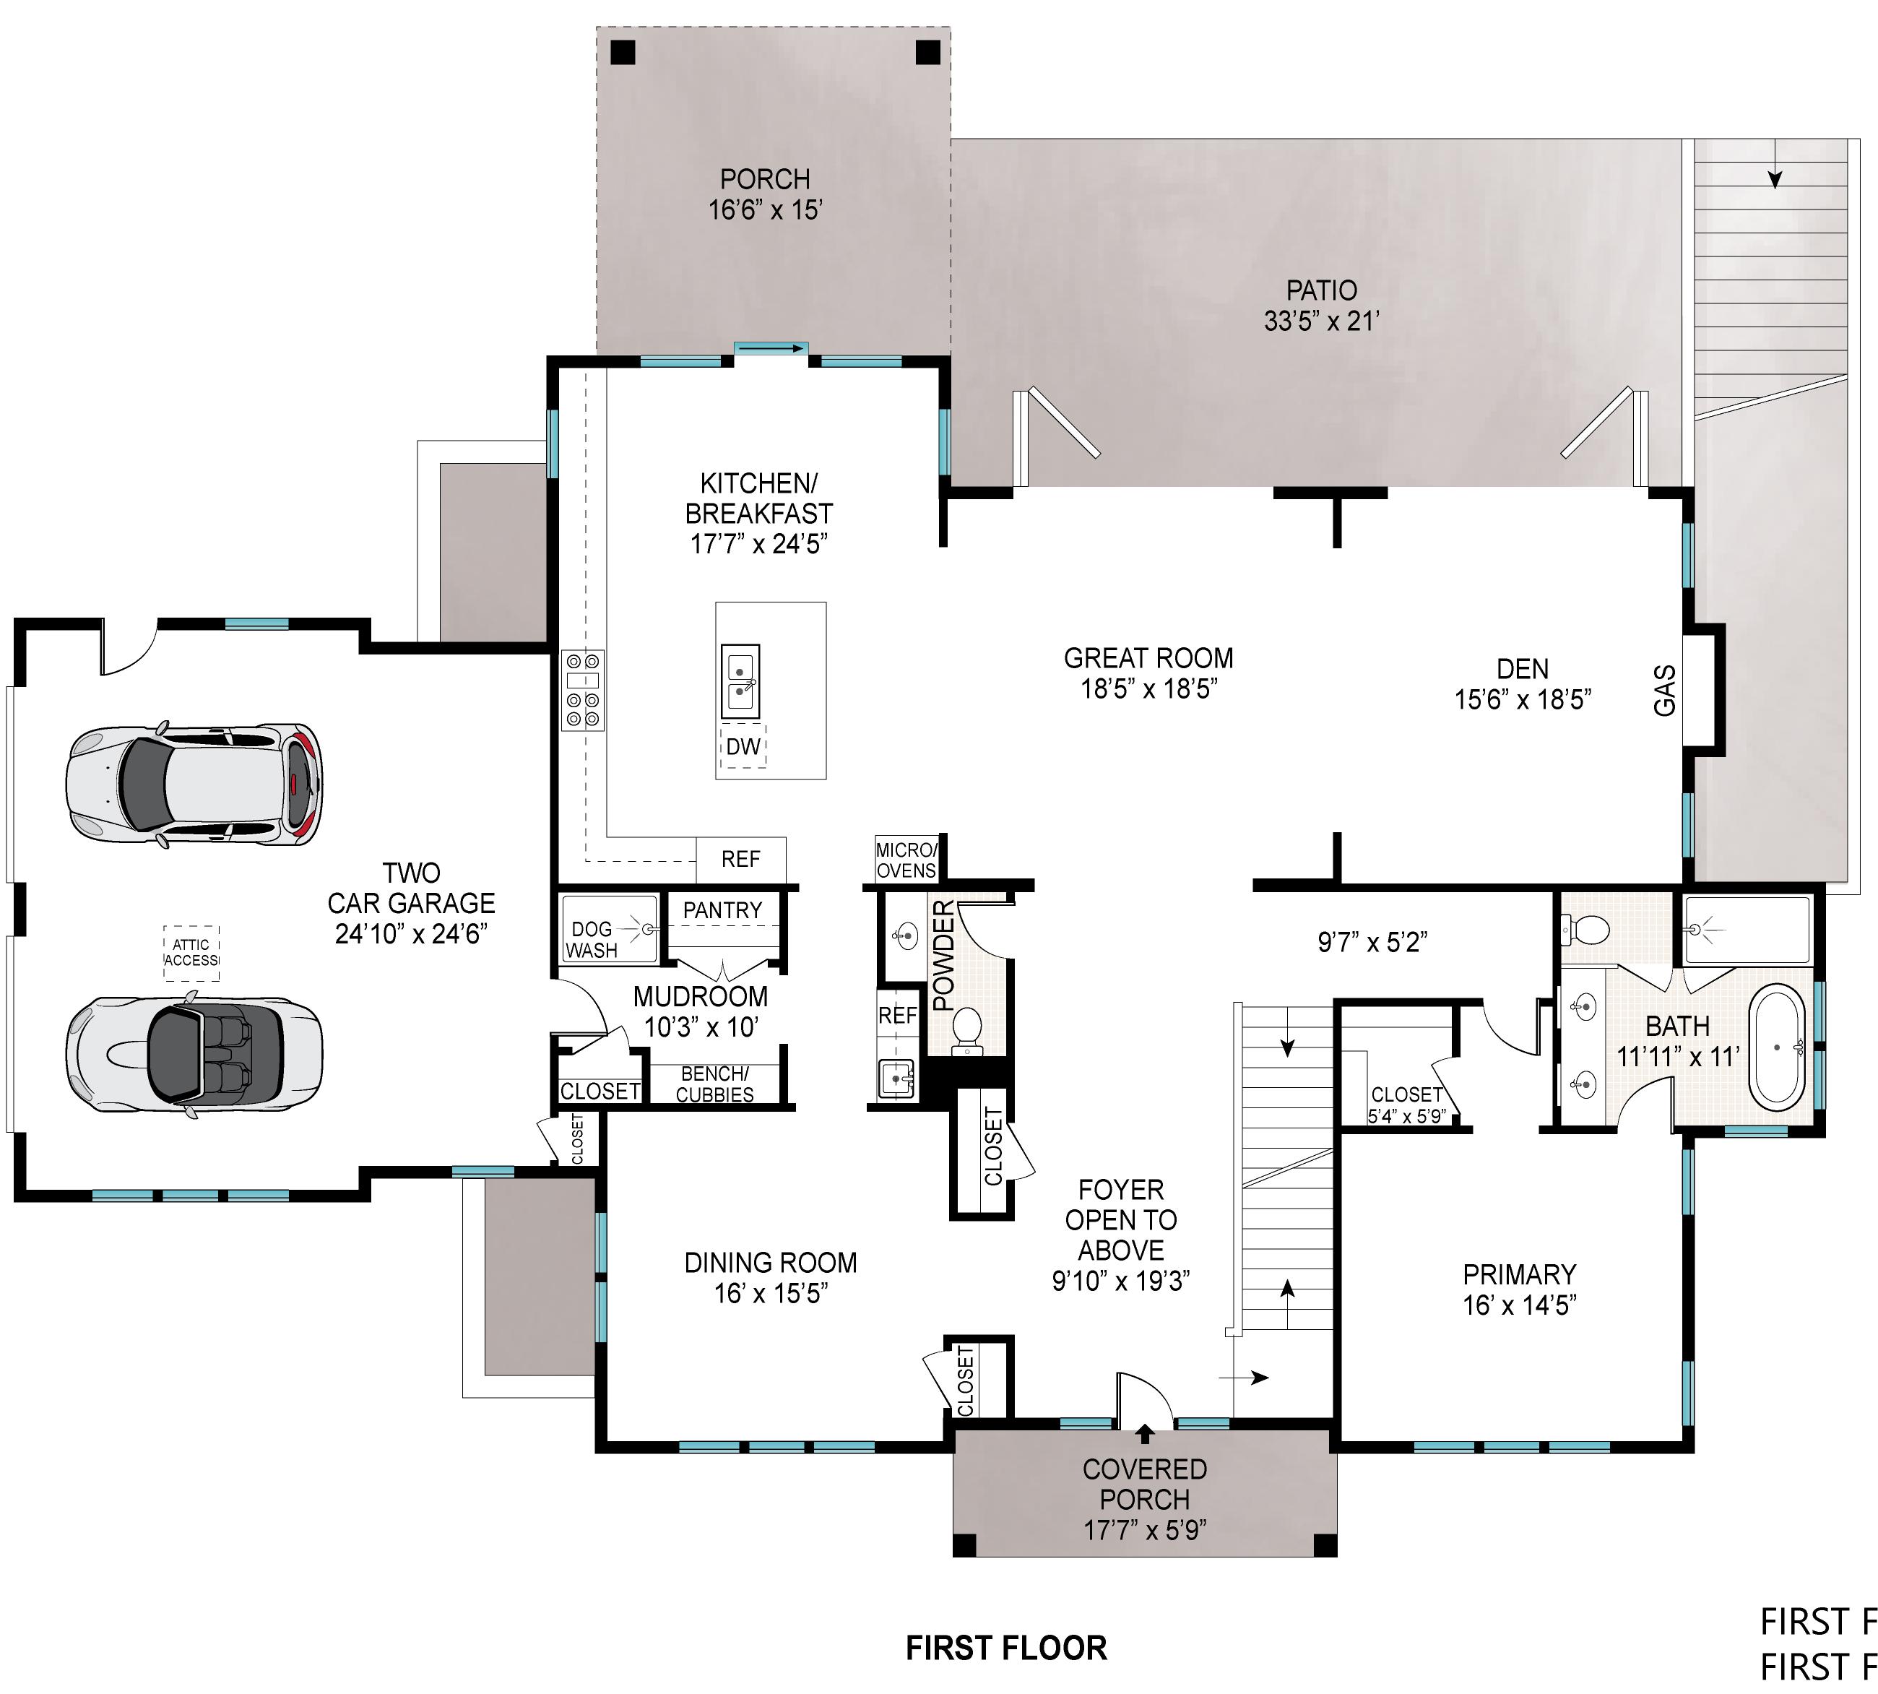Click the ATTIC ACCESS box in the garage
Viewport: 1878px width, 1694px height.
click(191, 952)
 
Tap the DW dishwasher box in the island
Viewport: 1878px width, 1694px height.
click(743, 746)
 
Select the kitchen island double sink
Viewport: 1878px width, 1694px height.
click(741, 681)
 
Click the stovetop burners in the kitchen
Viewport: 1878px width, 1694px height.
click(584, 688)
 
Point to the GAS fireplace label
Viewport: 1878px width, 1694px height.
click(1664, 690)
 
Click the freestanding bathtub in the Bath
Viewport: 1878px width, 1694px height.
click(1778, 1047)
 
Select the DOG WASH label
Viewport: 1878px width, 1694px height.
click(592, 939)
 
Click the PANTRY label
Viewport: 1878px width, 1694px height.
click(722, 909)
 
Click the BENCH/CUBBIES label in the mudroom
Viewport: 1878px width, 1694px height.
click(714, 1084)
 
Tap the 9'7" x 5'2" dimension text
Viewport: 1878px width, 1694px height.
click(1372, 943)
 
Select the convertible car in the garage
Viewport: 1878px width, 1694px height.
click(194, 1054)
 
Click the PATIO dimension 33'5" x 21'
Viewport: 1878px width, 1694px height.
click(1322, 320)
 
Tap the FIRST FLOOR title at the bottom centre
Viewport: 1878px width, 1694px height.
click(1007, 1648)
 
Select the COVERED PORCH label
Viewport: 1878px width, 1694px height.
click(1145, 1484)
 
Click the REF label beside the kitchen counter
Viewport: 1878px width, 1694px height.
click(741, 859)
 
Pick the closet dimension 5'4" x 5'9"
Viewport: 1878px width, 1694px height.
click(1405, 1116)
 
